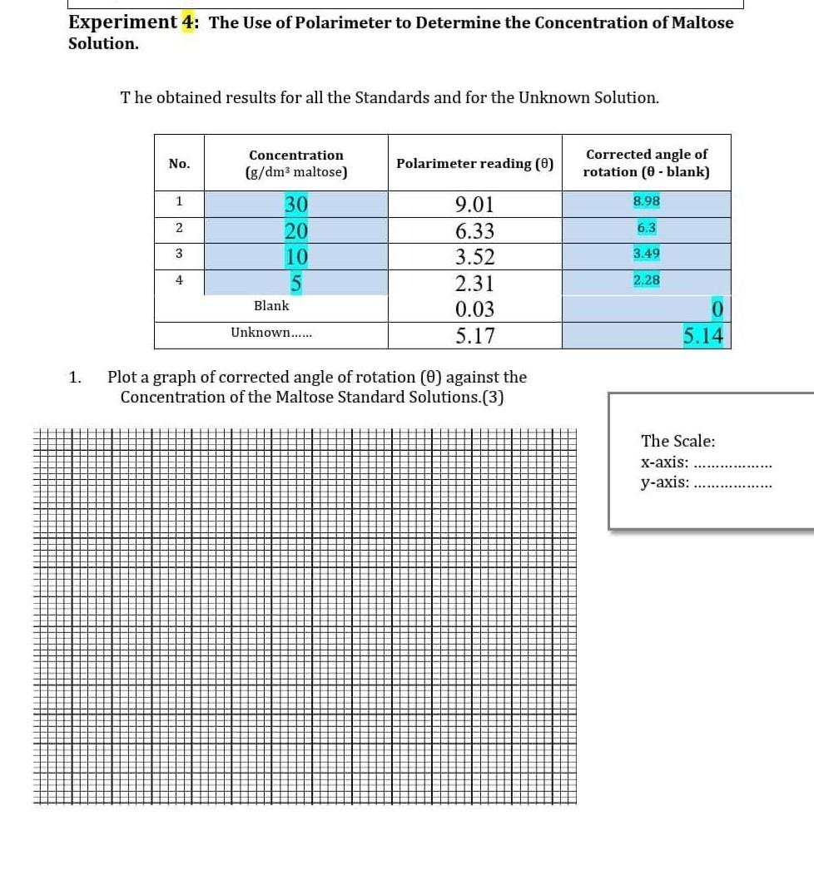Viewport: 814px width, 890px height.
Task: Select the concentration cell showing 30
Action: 296,205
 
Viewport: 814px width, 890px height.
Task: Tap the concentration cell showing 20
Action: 296,231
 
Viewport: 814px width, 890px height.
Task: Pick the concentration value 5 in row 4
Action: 295,284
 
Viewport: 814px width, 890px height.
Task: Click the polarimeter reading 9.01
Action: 474,205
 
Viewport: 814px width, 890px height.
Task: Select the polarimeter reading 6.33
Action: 474,231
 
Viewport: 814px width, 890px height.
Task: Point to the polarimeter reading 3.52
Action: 474,257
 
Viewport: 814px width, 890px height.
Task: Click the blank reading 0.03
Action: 474,310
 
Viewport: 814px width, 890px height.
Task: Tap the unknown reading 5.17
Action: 474,336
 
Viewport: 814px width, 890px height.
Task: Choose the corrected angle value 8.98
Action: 647,201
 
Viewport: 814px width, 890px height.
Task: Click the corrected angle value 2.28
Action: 647,280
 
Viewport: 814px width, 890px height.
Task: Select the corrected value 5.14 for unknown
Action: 702,336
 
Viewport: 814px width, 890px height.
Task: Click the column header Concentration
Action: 296,156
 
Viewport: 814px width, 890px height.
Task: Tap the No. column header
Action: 179,164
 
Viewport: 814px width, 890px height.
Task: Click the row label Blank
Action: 271,306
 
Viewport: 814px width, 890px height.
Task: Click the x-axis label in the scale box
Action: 664,462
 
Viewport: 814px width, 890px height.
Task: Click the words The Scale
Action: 678,441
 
